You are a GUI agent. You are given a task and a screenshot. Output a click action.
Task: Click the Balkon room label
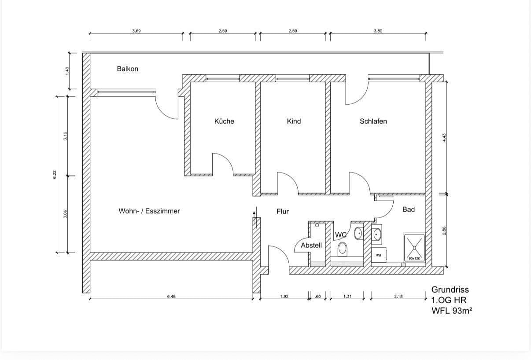click(x=127, y=69)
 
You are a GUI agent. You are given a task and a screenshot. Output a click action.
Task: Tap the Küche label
click(x=224, y=121)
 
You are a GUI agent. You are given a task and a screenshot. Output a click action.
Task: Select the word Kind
click(x=294, y=121)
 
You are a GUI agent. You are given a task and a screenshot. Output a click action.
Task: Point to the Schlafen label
click(x=373, y=121)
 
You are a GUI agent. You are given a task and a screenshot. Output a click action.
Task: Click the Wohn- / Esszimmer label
click(x=149, y=211)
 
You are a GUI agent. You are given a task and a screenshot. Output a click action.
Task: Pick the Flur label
click(x=283, y=211)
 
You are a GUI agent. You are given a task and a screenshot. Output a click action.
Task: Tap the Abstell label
click(x=311, y=246)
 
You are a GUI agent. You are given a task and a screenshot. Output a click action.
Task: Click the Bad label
click(x=409, y=209)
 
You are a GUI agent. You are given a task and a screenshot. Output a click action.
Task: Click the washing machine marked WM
click(x=379, y=255)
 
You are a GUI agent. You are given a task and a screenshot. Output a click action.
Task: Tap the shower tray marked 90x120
click(x=414, y=248)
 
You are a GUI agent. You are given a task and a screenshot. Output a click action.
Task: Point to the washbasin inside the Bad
click(x=377, y=235)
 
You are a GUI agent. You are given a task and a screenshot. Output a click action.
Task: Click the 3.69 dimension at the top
click(x=136, y=31)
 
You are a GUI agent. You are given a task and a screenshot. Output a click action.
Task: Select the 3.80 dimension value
click(x=378, y=31)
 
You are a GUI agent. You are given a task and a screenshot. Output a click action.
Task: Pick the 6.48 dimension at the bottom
click(x=171, y=297)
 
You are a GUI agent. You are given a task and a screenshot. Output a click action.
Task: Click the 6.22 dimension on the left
click(x=54, y=174)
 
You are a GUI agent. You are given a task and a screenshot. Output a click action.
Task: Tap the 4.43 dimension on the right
click(x=444, y=137)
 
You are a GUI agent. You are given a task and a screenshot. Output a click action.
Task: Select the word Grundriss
click(x=450, y=290)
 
